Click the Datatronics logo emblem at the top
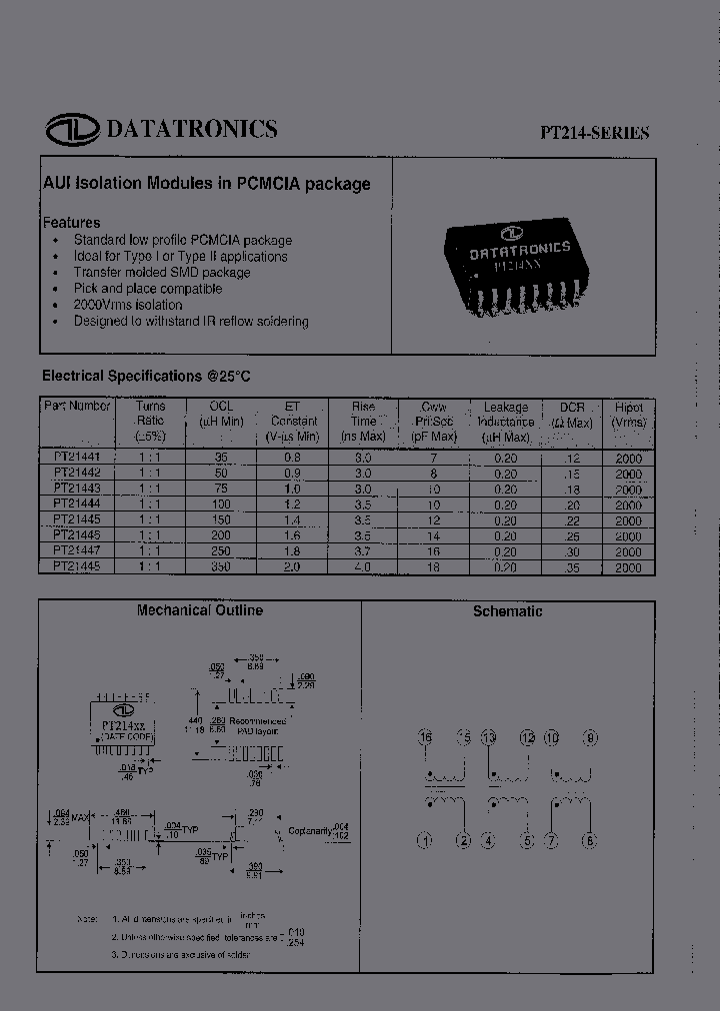pyautogui.click(x=72, y=130)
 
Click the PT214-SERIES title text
pyautogui.click(x=596, y=133)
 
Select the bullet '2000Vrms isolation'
pyautogui.click(x=128, y=305)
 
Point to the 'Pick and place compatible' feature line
pyautogui.click(x=148, y=289)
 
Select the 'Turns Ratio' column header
pyautogui.click(x=150, y=422)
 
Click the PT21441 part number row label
pyautogui.click(x=77, y=456)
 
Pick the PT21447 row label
pyautogui.click(x=77, y=550)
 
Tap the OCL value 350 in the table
pyautogui.click(x=221, y=566)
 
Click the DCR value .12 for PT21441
pyautogui.click(x=571, y=457)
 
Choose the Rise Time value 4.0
pyautogui.click(x=362, y=566)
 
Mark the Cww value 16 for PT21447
pyautogui.click(x=432, y=550)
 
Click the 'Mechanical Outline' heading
pyautogui.click(x=200, y=610)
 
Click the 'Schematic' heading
pyautogui.click(x=508, y=611)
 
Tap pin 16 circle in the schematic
pyautogui.click(x=426, y=738)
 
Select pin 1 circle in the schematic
pyautogui.click(x=425, y=841)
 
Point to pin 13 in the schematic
pyautogui.click(x=489, y=738)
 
